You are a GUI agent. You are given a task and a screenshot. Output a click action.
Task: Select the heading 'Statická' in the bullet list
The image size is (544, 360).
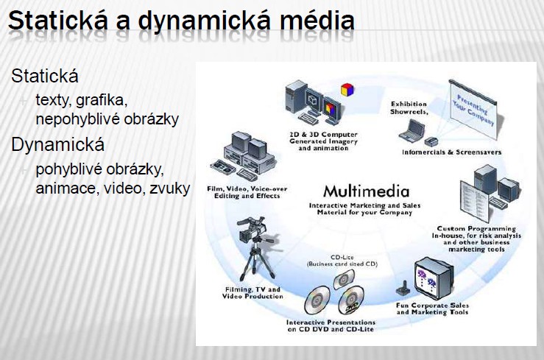(45, 76)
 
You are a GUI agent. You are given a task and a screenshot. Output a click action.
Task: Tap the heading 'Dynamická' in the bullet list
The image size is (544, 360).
(57, 144)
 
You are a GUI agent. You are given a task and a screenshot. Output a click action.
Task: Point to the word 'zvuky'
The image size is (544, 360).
(169, 188)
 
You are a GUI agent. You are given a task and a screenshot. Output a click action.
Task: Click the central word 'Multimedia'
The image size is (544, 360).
(366, 191)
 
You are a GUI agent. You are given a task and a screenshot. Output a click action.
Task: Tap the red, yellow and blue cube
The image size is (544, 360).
(347, 90)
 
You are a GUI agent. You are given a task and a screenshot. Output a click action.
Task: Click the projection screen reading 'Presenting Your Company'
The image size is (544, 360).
(473, 109)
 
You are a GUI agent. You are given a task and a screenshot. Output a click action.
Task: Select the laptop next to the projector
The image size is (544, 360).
(411, 131)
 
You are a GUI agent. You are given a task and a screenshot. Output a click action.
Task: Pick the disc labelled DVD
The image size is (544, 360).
(350, 300)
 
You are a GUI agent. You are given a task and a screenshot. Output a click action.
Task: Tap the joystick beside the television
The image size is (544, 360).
(403, 288)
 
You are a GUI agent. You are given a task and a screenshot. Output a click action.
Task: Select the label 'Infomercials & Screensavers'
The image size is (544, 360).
(452, 152)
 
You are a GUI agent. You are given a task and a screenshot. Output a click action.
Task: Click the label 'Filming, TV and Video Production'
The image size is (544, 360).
(252, 293)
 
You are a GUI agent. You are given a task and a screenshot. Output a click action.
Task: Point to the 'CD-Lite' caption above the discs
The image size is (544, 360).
(342, 258)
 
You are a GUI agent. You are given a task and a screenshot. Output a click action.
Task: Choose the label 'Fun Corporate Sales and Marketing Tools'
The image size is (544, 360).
(433, 308)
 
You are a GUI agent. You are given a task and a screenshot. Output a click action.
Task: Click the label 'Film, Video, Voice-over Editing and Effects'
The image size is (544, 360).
(247, 192)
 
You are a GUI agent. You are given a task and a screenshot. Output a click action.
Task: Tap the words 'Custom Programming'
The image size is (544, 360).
(476, 228)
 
